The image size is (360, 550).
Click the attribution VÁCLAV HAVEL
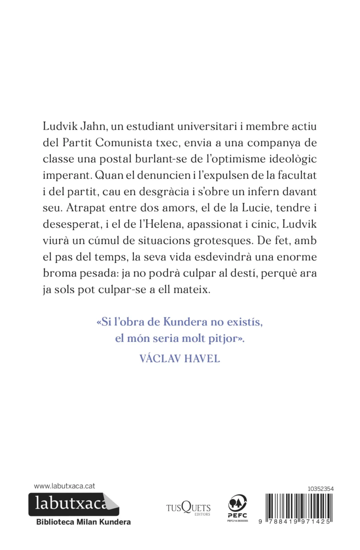179,359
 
